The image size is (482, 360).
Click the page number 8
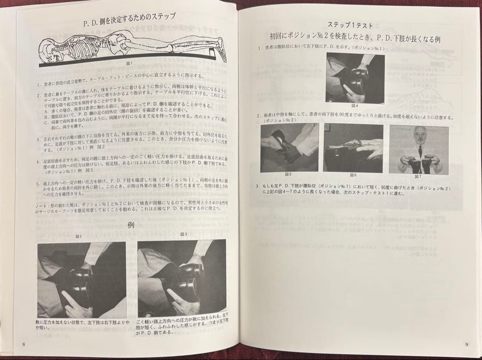pos(23,343)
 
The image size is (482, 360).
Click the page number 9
pos(466,344)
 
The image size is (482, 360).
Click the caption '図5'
pos(288,174)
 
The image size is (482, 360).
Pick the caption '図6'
pos(353,175)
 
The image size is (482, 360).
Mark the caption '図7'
pos(418,177)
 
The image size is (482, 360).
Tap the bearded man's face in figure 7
pos(419,136)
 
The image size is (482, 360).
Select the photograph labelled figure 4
pos(355,78)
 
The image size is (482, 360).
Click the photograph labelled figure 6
pos(353,148)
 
